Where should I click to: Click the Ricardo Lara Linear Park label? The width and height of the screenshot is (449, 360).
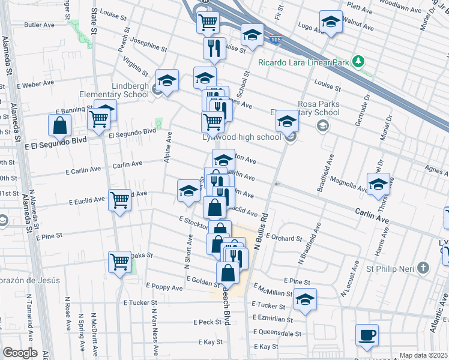(x=303, y=61)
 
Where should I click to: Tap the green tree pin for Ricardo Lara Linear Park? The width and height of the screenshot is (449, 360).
(x=358, y=61)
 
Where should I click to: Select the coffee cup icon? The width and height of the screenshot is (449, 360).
(x=367, y=335)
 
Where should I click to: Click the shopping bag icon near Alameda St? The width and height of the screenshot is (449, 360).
(x=60, y=125)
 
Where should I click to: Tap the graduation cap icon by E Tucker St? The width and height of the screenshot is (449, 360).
(x=305, y=301)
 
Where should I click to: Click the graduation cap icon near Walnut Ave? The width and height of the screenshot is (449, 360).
(x=330, y=23)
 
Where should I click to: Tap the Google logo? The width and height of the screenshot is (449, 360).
(x=20, y=353)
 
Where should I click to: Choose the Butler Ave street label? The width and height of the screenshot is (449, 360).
(x=39, y=25)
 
